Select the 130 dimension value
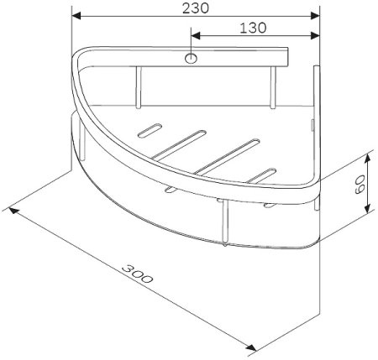point(253,28)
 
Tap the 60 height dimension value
point(360,185)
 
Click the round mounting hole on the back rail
point(192,59)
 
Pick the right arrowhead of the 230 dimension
point(317,15)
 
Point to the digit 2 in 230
point(185,8)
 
